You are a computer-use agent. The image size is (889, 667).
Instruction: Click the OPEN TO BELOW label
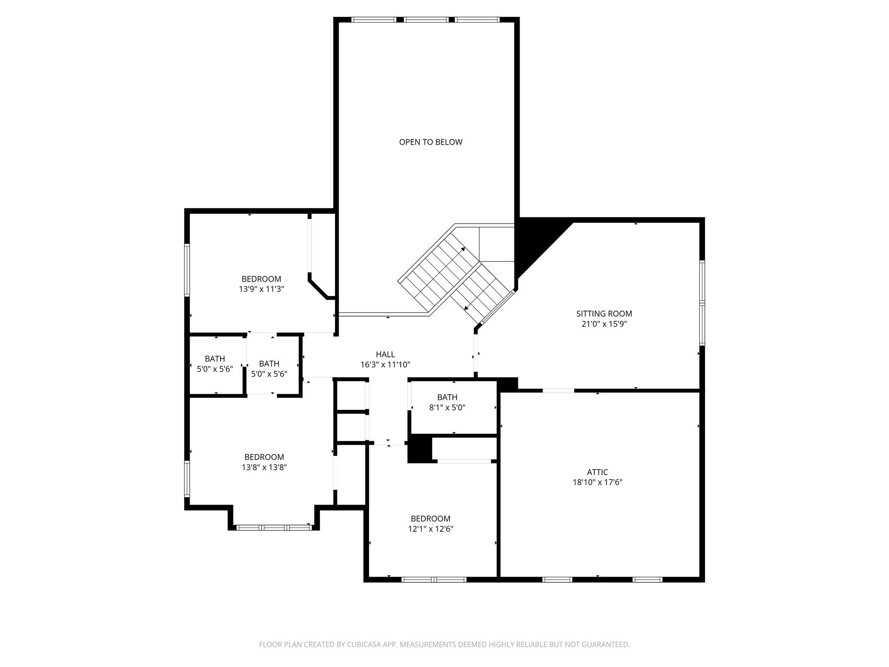tap(431, 142)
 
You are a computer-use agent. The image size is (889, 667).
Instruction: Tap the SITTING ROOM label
tap(604, 314)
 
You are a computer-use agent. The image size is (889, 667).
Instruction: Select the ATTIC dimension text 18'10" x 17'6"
tap(597, 482)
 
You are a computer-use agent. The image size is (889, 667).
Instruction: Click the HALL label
tap(385, 354)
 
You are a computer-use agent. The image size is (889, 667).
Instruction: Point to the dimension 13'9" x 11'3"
tap(261, 289)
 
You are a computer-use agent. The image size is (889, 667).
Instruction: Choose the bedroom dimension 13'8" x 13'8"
tap(264, 467)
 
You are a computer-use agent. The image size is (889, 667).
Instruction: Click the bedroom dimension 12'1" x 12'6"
tap(431, 529)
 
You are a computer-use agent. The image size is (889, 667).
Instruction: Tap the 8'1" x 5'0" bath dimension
tap(447, 407)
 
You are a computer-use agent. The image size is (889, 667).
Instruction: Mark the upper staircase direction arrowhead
tap(463, 249)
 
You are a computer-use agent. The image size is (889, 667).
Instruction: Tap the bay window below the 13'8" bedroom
tap(274, 528)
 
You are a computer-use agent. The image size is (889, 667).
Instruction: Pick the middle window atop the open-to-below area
tap(426, 20)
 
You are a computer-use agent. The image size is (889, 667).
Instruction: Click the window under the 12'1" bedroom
tap(434, 579)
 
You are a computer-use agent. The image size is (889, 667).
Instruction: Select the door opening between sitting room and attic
tap(558, 390)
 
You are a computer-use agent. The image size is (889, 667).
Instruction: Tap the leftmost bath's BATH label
tap(215, 359)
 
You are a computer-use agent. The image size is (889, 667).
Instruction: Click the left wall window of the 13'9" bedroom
tap(187, 270)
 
